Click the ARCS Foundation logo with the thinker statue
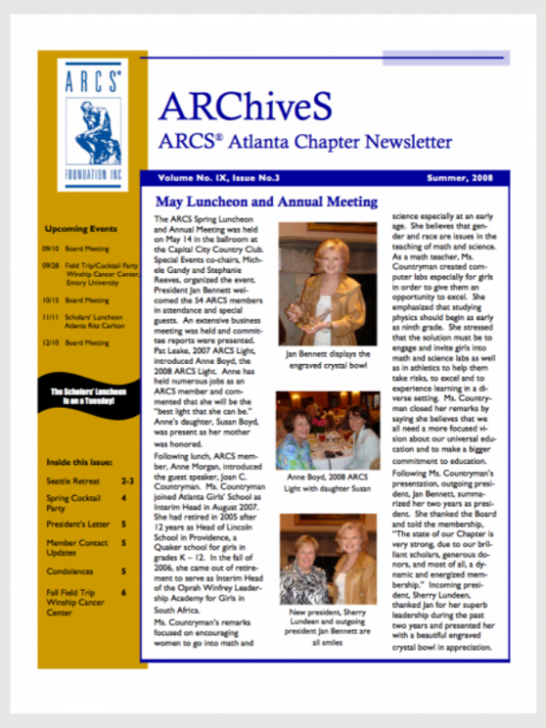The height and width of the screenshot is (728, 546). pos(93,123)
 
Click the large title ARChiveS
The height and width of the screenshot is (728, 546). pos(245,106)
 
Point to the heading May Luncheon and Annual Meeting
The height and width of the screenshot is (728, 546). pos(266,202)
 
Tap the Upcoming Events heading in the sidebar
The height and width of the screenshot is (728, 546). pos(80,229)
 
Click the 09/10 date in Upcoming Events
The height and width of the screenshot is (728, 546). pos(51,248)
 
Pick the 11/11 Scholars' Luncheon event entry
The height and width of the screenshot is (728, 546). pos(86,321)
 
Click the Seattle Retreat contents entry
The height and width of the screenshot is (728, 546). pos(72,480)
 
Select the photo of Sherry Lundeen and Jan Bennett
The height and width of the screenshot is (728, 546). pos(327,560)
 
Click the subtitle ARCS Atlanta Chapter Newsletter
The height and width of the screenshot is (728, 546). pos(305,142)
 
